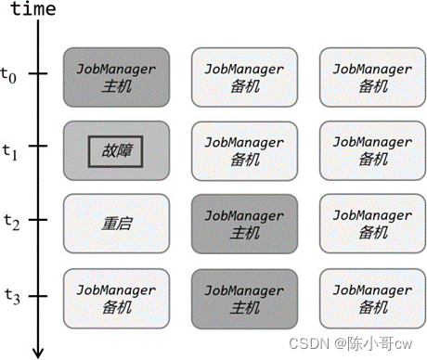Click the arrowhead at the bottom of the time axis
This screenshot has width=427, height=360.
(x=38, y=351)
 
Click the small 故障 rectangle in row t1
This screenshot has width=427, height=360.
(x=117, y=148)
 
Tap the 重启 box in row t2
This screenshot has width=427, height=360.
(x=117, y=223)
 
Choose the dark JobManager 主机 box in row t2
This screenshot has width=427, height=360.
(x=245, y=223)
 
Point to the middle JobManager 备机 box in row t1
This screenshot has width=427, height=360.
(x=245, y=148)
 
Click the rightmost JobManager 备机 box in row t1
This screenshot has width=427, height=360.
(x=373, y=148)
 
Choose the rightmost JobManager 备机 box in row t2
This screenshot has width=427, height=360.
(x=373, y=223)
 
